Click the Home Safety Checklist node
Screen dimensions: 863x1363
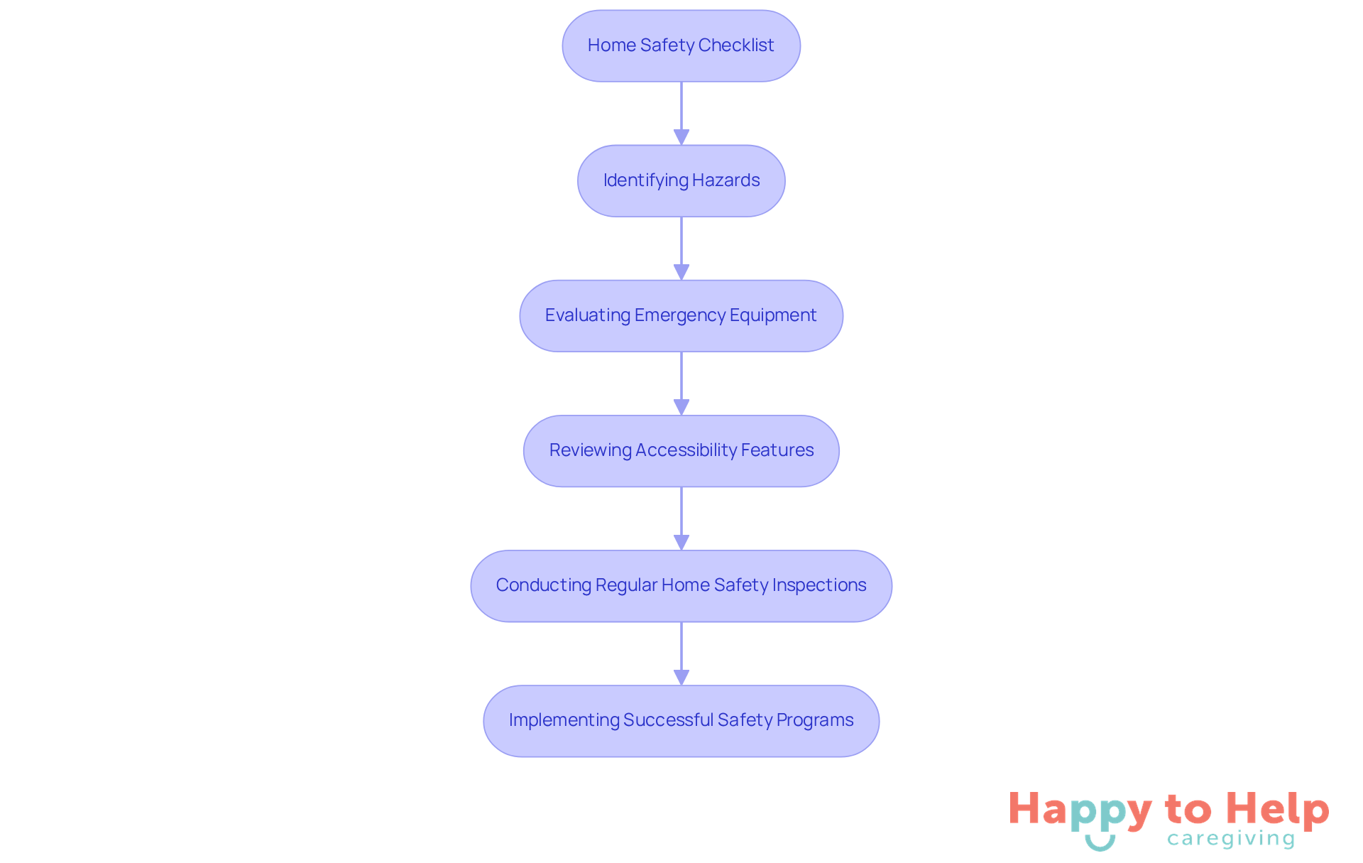click(681, 45)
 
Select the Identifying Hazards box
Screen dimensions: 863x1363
click(681, 180)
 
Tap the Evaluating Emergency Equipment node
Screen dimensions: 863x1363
click(681, 315)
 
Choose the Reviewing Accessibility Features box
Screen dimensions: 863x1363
click(681, 450)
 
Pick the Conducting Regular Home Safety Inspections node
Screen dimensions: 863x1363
click(681, 585)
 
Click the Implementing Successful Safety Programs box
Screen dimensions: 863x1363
click(681, 720)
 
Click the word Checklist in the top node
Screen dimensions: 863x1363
click(736, 45)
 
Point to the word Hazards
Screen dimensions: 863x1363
click(726, 180)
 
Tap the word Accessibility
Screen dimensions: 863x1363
click(686, 450)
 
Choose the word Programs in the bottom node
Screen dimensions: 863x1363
click(815, 720)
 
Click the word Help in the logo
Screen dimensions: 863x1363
click(1277, 810)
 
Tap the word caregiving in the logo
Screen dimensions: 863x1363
click(1231, 839)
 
